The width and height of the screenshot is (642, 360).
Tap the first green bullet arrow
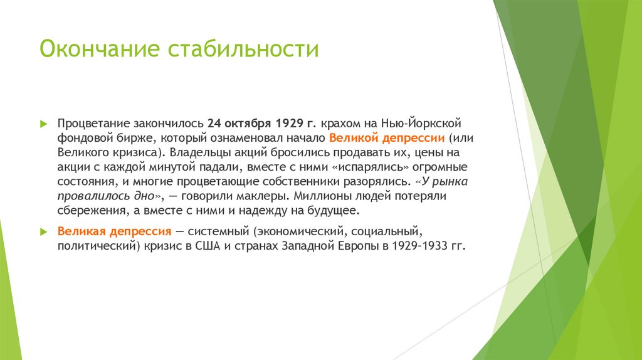tap(43, 123)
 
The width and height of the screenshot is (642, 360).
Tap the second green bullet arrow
tap(43, 231)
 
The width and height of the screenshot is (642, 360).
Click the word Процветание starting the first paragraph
tap(93, 123)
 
